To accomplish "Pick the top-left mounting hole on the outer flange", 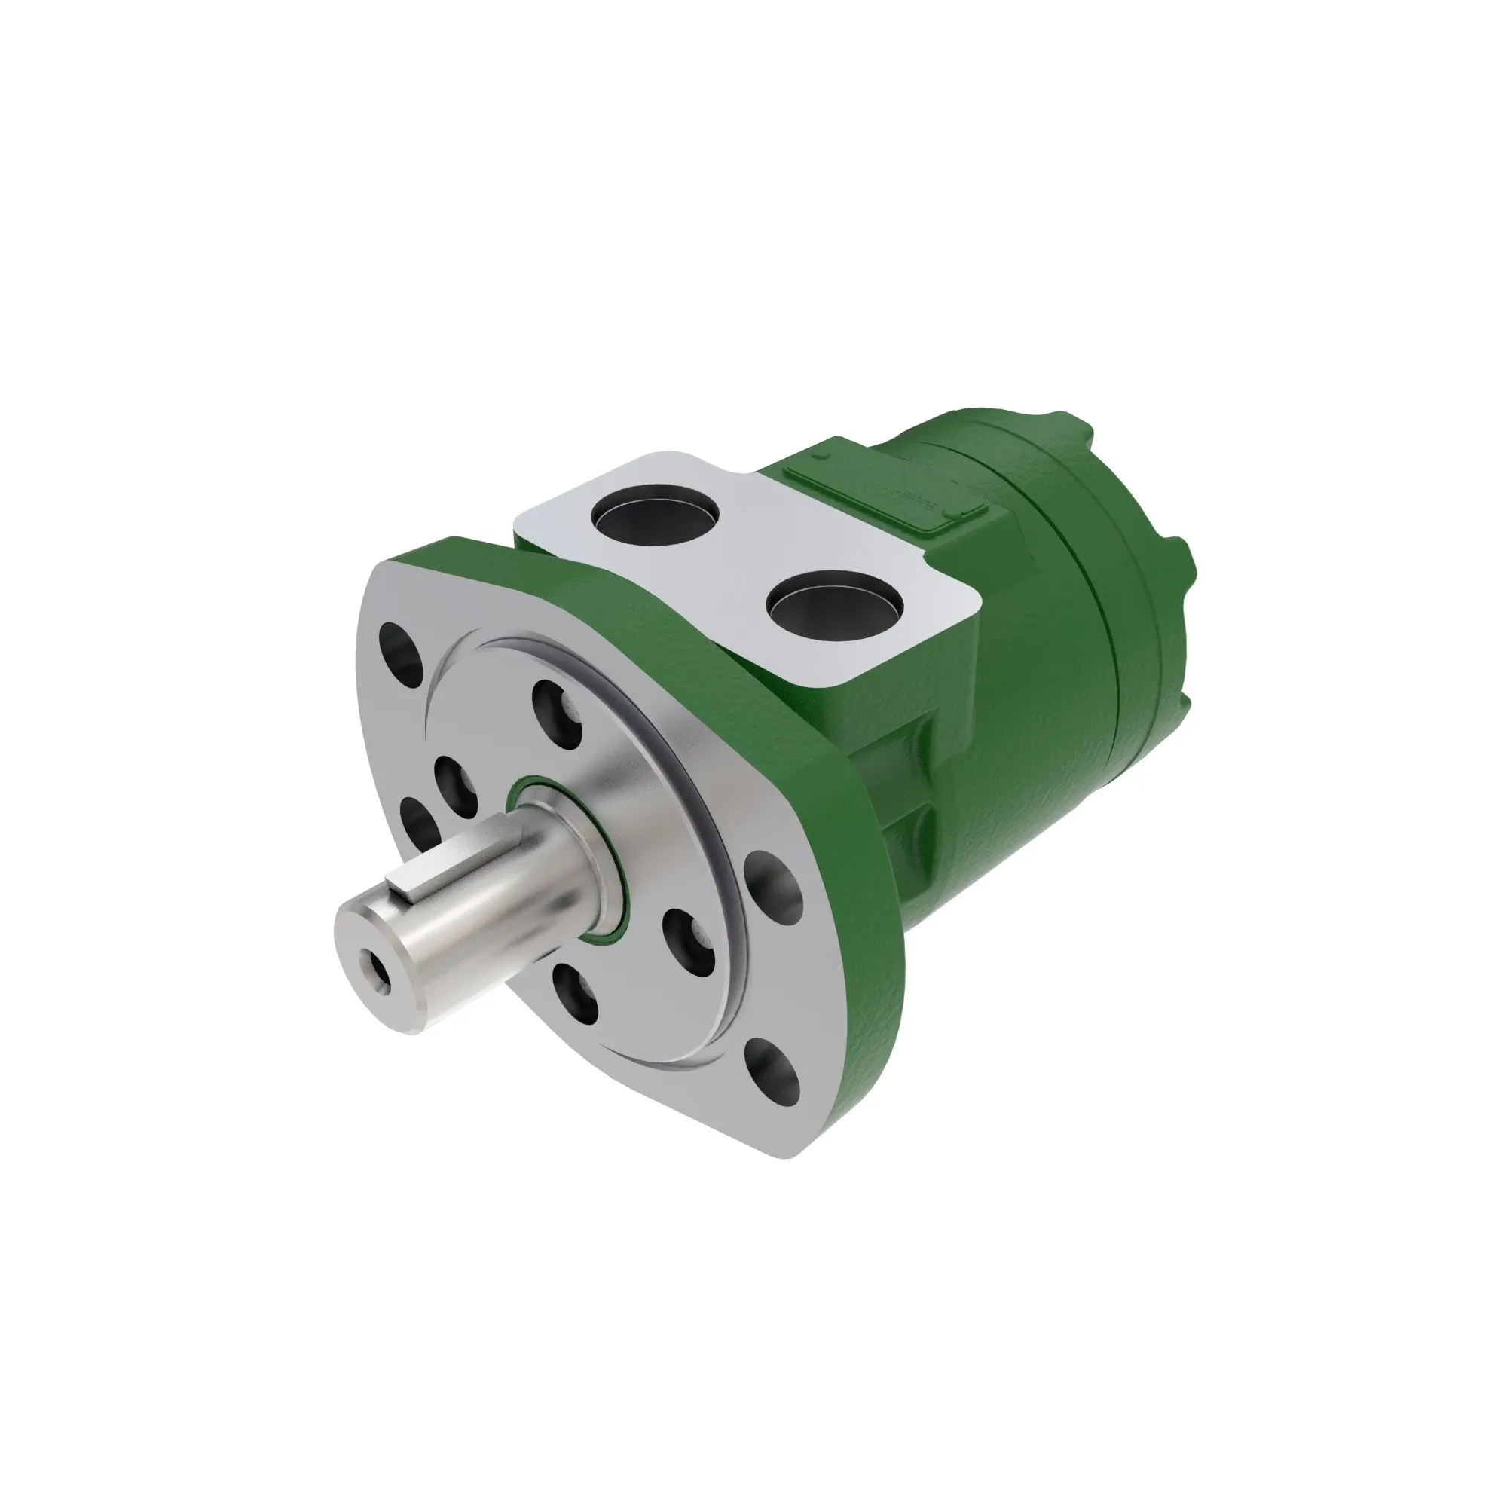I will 402,647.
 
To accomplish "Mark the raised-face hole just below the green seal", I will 689,943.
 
